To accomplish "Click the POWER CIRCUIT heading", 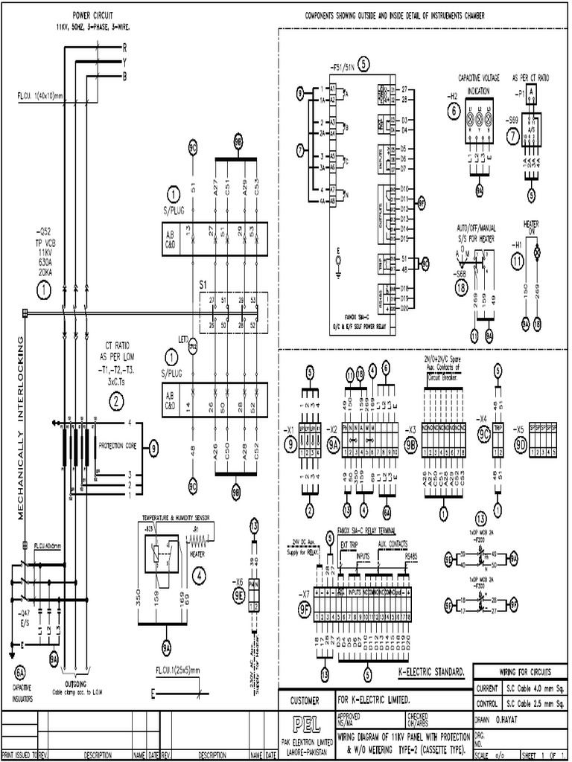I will pyautogui.click(x=93, y=15).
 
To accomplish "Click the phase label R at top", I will pyautogui.click(x=124, y=46).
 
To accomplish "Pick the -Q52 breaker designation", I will pyautogui.click(x=44, y=231).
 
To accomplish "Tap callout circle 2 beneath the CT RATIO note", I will pyautogui.click(x=117, y=402).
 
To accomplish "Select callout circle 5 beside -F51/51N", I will pyautogui.click(x=363, y=63).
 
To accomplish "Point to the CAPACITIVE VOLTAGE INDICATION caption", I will pyautogui.click(x=478, y=83).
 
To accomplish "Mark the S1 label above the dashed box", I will pyautogui.click(x=203, y=284).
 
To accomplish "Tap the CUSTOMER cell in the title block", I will pyautogui.click(x=305, y=700).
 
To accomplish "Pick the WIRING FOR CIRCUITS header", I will pyautogui.click(x=524, y=671).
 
